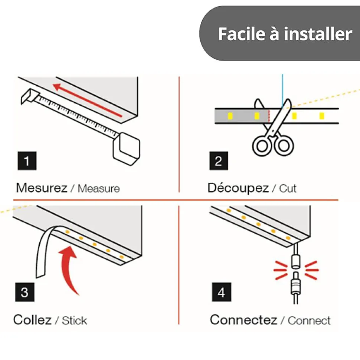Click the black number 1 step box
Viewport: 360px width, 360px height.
pyautogui.click(x=27, y=161)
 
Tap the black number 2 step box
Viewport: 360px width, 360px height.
pyautogui.click(x=219, y=161)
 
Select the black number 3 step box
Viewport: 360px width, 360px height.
pyautogui.click(x=25, y=292)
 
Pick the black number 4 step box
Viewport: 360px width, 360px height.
pyautogui.click(x=222, y=292)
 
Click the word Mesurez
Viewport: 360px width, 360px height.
pyautogui.click(x=42, y=188)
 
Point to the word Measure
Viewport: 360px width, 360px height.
pyautogui.click(x=99, y=188)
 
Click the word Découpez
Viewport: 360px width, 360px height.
pyautogui.click(x=238, y=188)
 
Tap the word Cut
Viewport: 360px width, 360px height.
pyautogui.click(x=288, y=188)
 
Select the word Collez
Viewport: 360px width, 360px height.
pyautogui.click(x=32, y=320)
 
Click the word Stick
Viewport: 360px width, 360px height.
pyautogui.click(x=75, y=320)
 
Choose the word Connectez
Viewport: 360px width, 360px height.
pyautogui.click(x=243, y=320)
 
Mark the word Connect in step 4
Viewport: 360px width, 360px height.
pyautogui.click(x=309, y=320)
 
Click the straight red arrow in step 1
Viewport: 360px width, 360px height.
pyautogui.click(x=87, y=100)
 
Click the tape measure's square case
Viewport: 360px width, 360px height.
pyautogui.click(x=127, y=149)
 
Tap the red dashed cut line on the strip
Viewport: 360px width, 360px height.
pyautogui.click(x=269, y=116)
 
